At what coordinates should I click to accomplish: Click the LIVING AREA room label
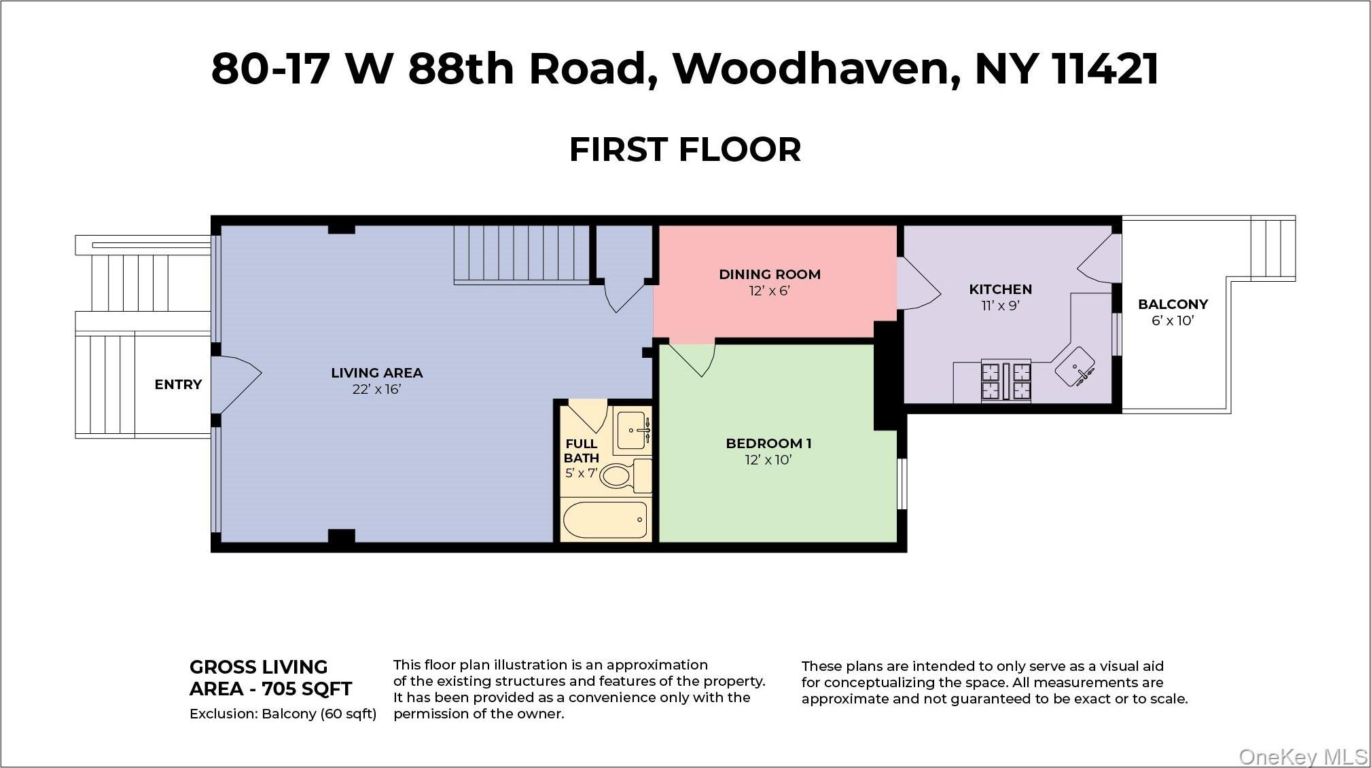[376, 373]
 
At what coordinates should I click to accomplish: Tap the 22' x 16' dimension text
[376, 389]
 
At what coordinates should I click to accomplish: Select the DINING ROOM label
[770, 274]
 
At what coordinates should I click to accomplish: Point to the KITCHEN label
[1000, 289]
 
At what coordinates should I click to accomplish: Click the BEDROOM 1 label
[768, 443]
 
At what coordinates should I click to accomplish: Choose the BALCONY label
[1173, 304]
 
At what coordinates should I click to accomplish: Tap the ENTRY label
[178, 384]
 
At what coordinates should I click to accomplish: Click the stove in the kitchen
[1005, 381]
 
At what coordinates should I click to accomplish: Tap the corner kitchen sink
[1075, 367]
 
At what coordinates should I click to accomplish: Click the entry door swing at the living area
[235, 384]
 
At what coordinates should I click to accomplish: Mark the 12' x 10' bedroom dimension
[768, 460]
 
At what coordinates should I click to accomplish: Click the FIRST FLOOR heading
[685, 150]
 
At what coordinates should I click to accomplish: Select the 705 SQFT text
[306, 689]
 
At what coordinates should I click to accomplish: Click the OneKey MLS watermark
[1303, 756]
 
